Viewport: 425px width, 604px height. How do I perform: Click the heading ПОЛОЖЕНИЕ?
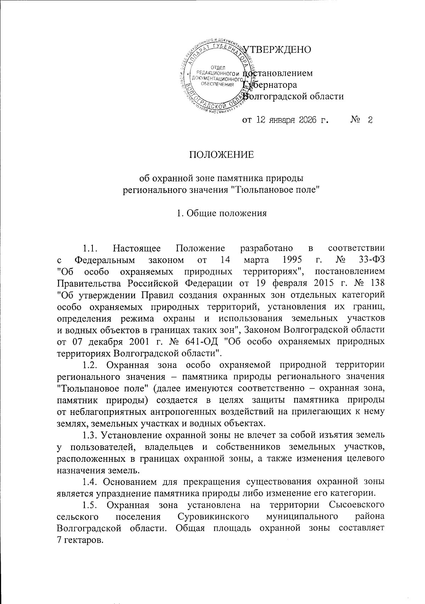221,155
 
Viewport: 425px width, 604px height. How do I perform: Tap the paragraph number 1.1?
90,248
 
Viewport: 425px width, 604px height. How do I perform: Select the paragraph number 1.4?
90,482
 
